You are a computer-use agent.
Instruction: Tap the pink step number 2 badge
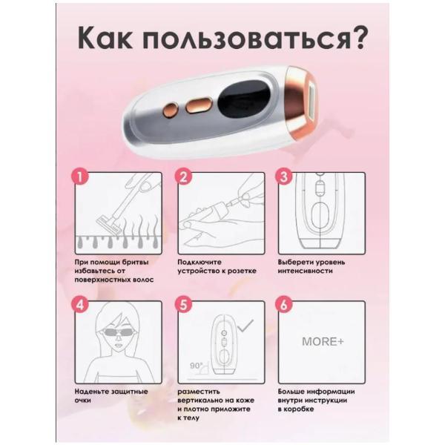(x=183, y=177)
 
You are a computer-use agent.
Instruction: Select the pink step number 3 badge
(x=283, y=177)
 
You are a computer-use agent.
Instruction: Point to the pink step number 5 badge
(x=183, y=305)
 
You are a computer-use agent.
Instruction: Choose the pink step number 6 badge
(x=283, y=305)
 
